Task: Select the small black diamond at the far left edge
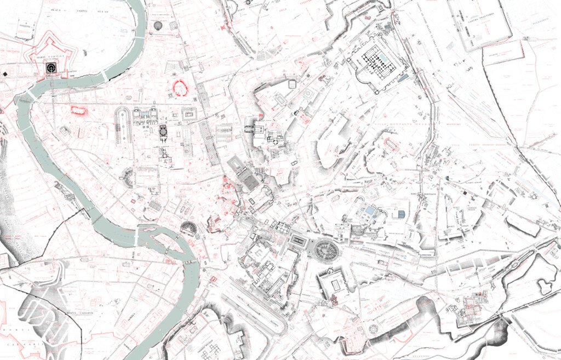(5, 73)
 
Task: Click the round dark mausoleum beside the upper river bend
(158, 25)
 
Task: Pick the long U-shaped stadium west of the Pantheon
(122, 125)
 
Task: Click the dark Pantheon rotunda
(163, 132)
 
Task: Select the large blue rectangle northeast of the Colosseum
(371, 210)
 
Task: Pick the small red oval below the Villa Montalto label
(391, 144)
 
